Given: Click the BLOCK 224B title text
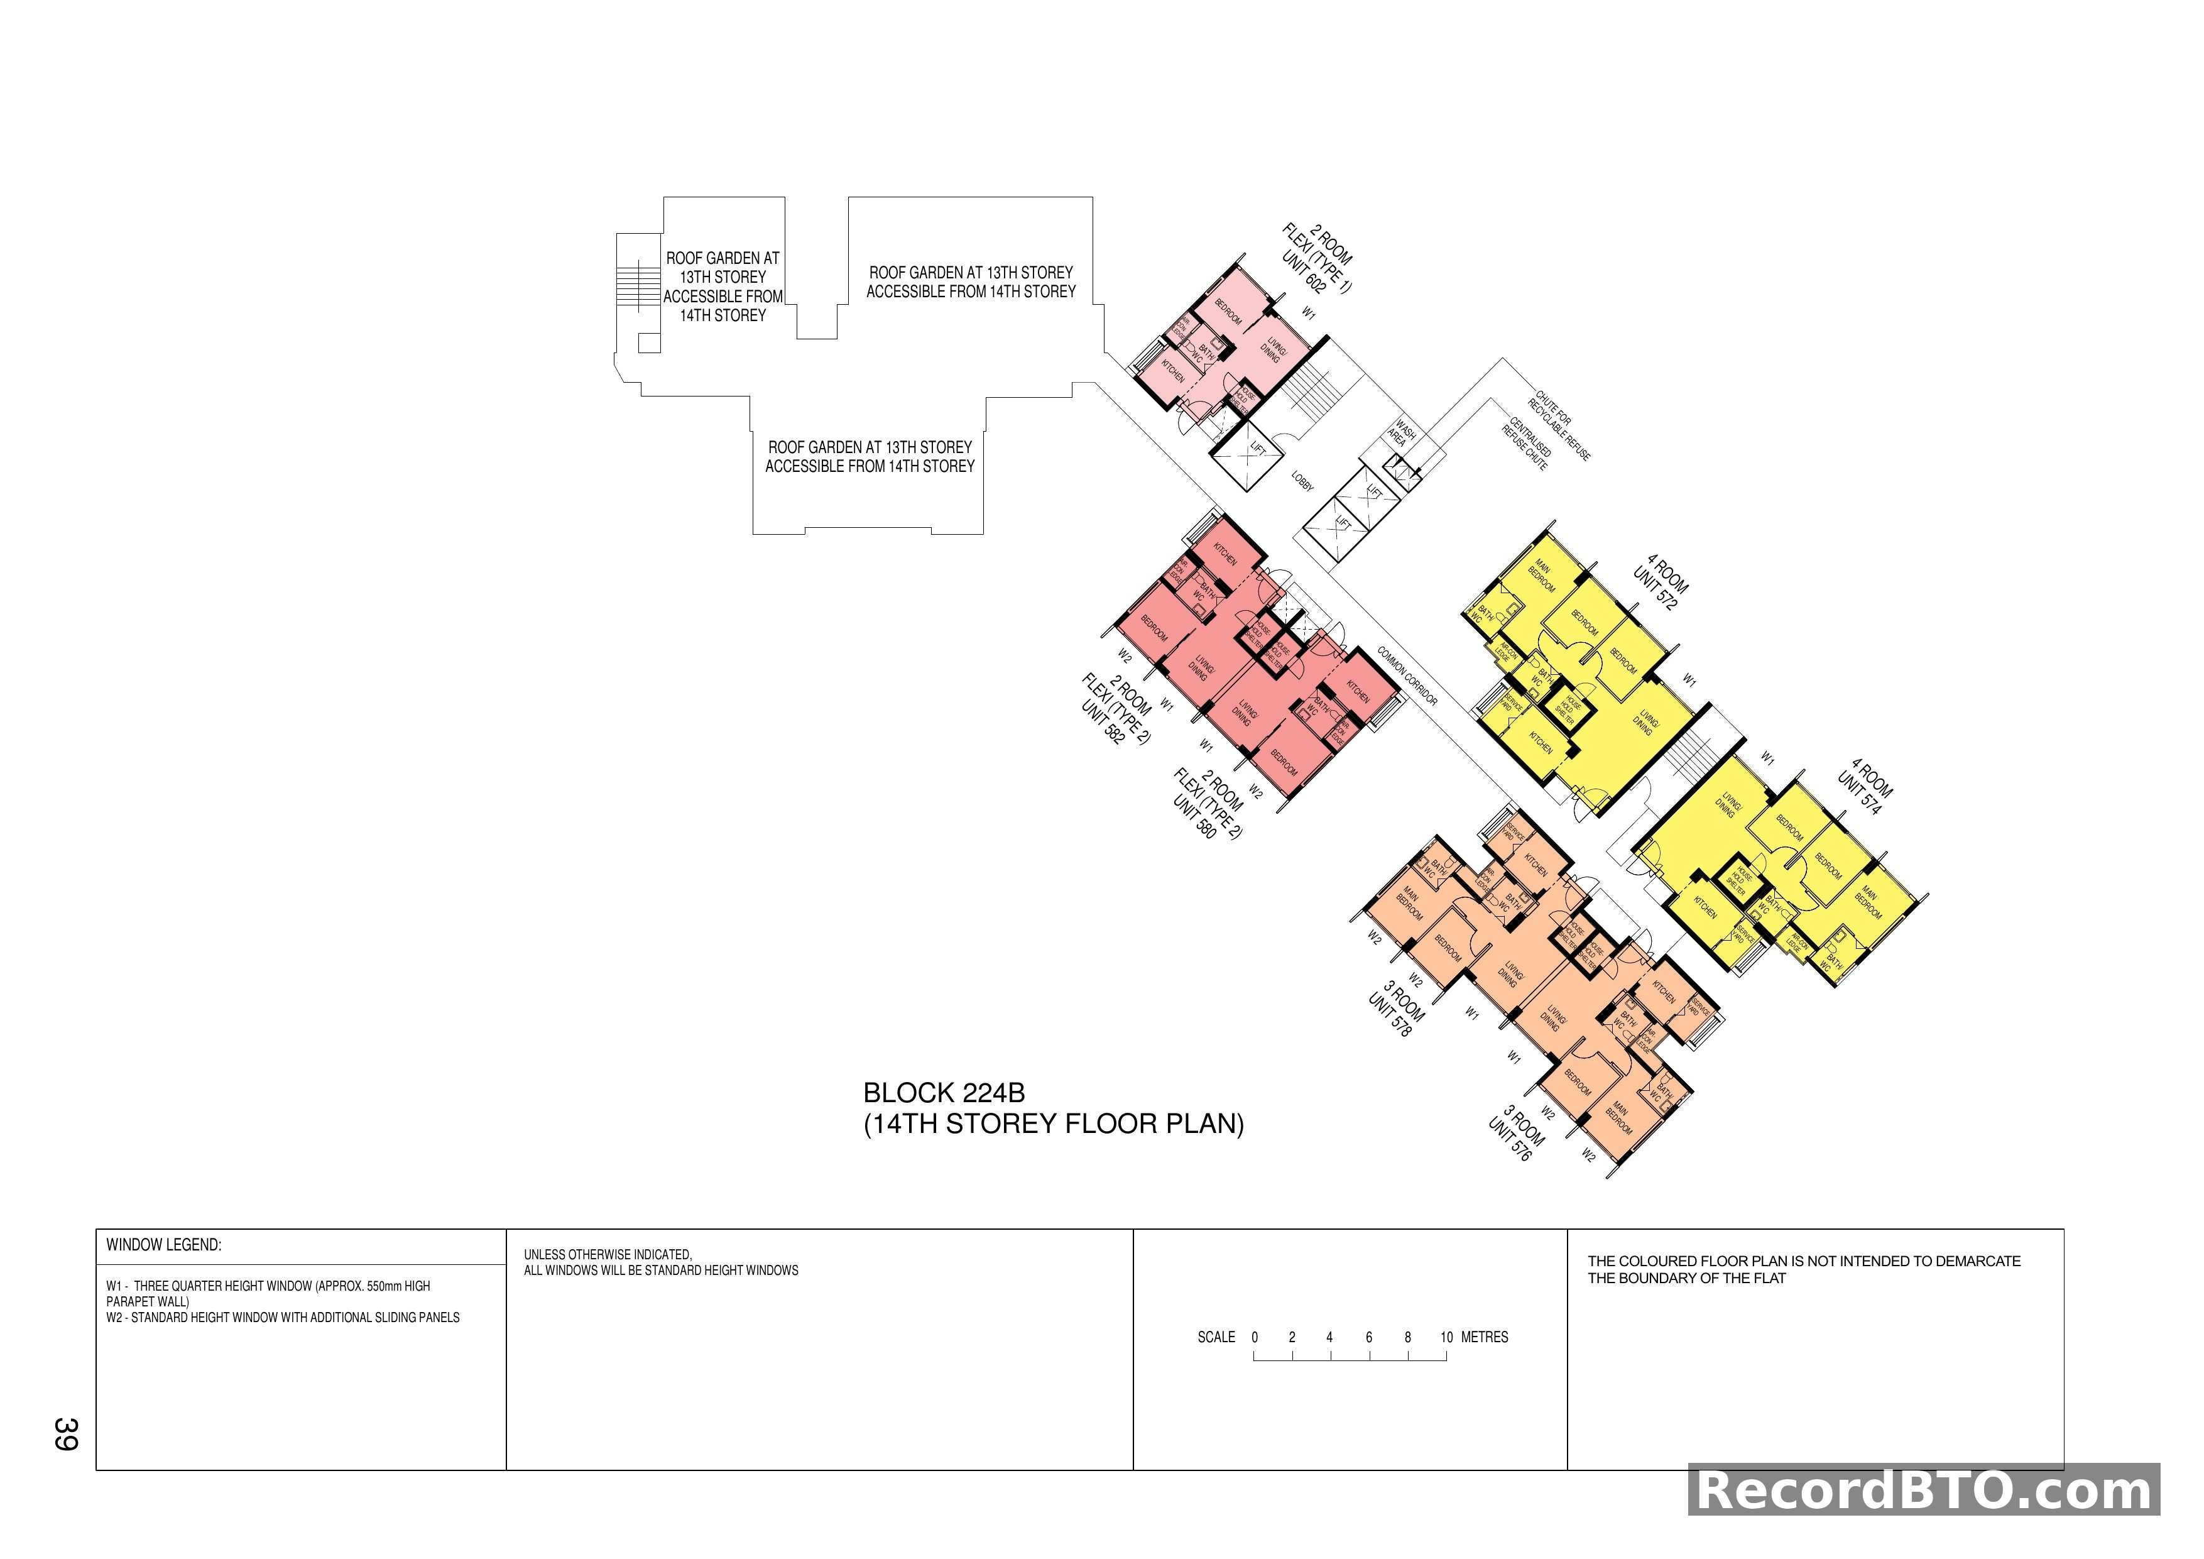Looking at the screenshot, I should (x=944, y=1093).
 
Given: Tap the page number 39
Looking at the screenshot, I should (x=65, y=1433).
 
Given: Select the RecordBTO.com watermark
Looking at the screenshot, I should (x=1924, y=1491).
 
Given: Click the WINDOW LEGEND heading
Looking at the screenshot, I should (x=163, y=1245).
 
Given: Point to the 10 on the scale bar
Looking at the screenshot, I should (x=1446, y=1337).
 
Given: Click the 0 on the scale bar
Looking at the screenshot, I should (x=1255, y=1337).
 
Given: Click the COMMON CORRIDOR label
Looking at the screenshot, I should (x=1407, y=676).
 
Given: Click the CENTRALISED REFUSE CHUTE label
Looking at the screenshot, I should (x=1526, y=444).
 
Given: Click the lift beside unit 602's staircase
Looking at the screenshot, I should (x=1248, y=457).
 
